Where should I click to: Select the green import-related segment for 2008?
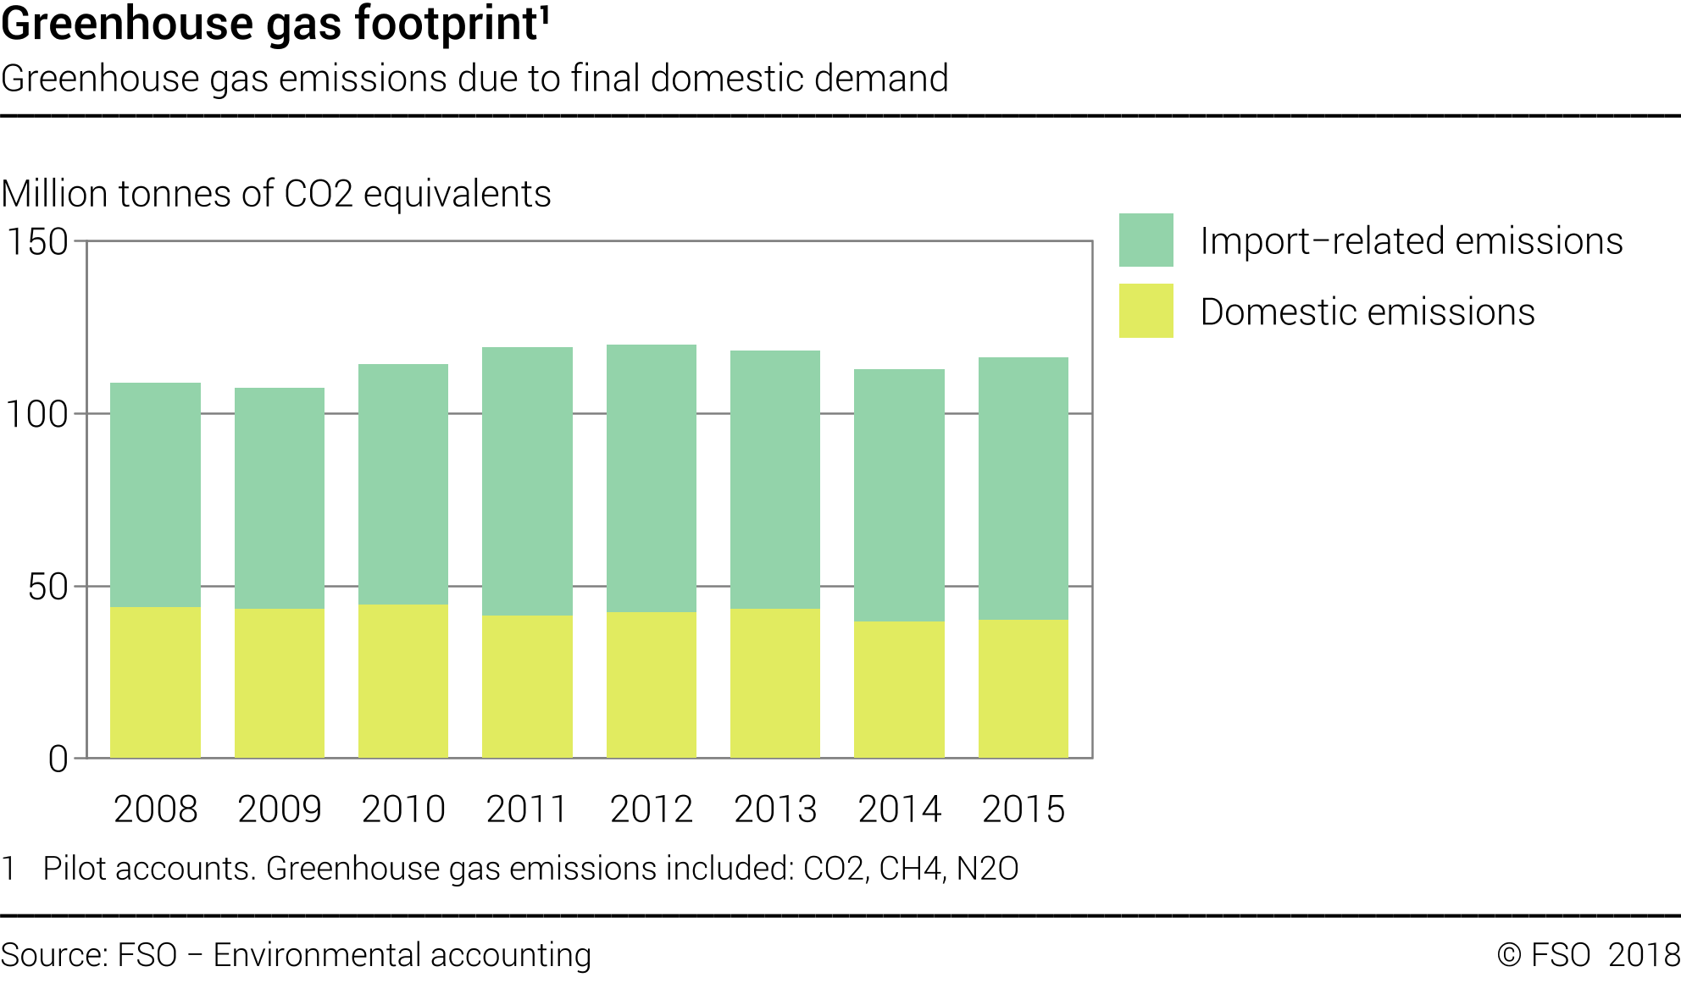coord(155,494)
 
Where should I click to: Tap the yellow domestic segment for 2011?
coord(527,686)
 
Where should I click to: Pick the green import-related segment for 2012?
coord(652,478)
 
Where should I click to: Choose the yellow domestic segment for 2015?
coord(1023,688)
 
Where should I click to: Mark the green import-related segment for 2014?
coord(899,495)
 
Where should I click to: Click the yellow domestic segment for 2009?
coord(280,682)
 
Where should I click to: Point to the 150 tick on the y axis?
coord(37,242)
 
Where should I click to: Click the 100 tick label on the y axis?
coord(37,415)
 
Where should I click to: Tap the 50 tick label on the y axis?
coord(47,588)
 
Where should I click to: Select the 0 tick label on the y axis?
coord(58,759)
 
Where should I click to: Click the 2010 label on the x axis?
coord(403,809)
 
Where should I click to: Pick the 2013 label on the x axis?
coord(775,809)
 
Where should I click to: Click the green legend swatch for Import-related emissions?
coord(1146,240)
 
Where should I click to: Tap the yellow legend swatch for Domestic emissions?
coord(1146,311)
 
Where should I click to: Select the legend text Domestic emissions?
coord(1368,312)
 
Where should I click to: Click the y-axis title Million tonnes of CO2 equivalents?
coord(276,194)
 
